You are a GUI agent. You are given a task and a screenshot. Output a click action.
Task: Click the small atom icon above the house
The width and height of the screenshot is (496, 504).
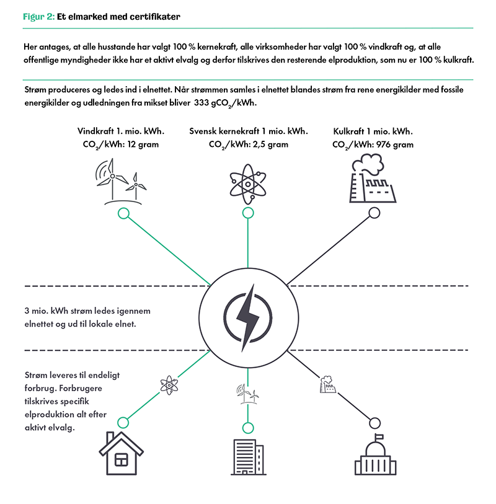pyautogui.click(x=169, y=385)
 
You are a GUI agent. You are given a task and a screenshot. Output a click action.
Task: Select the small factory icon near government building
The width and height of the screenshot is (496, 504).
pyautogui.click(x=329, y=386)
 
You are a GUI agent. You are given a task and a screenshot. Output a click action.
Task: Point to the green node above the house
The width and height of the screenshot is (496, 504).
pyautogui.click(x=123, y=422)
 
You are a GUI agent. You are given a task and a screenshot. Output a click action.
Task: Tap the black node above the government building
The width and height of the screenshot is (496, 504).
pyautogui.click(x=374, y=423)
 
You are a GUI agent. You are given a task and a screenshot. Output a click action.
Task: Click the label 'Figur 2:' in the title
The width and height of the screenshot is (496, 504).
pyautogui.click(x=38, y=17)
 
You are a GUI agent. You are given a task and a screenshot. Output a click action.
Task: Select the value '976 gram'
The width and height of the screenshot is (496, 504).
pyautogui.click(x=394, y=144)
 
